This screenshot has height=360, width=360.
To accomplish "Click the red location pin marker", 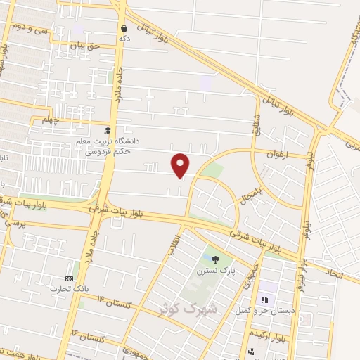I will (x=181, y=165).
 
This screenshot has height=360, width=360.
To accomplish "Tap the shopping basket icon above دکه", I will (x=124, y=29).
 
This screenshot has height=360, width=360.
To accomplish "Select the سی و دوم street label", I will (x=28, y=29).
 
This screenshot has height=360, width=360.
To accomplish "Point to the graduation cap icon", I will (x=108, y=131).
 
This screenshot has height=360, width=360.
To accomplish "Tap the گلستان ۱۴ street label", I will (x=115, y=302).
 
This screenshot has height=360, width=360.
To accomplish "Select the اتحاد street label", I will (x=333, y=272).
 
